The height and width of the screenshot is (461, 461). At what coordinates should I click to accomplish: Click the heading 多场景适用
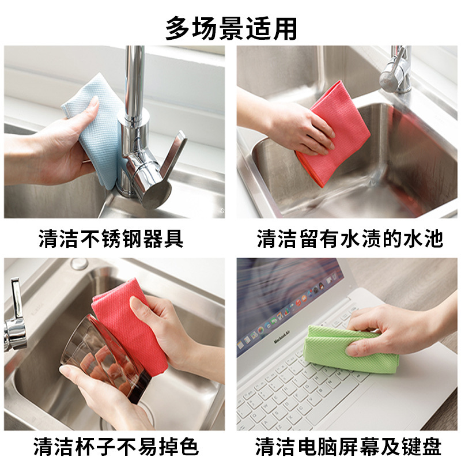(x=231, y=28)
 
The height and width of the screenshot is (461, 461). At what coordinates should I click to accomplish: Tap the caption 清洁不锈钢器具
(x=111, y=239)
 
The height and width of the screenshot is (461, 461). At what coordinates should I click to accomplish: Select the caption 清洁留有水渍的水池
(x=350, y=239)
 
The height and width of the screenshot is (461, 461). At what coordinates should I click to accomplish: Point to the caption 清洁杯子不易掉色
(x=116, y=446)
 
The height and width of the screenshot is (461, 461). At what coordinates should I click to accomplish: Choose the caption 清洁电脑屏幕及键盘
(x=349, y=446)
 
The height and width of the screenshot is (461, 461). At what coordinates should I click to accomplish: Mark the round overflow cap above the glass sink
(x=80, y=264)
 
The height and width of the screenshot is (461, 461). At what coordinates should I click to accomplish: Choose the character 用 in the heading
(x=285, y=28)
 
